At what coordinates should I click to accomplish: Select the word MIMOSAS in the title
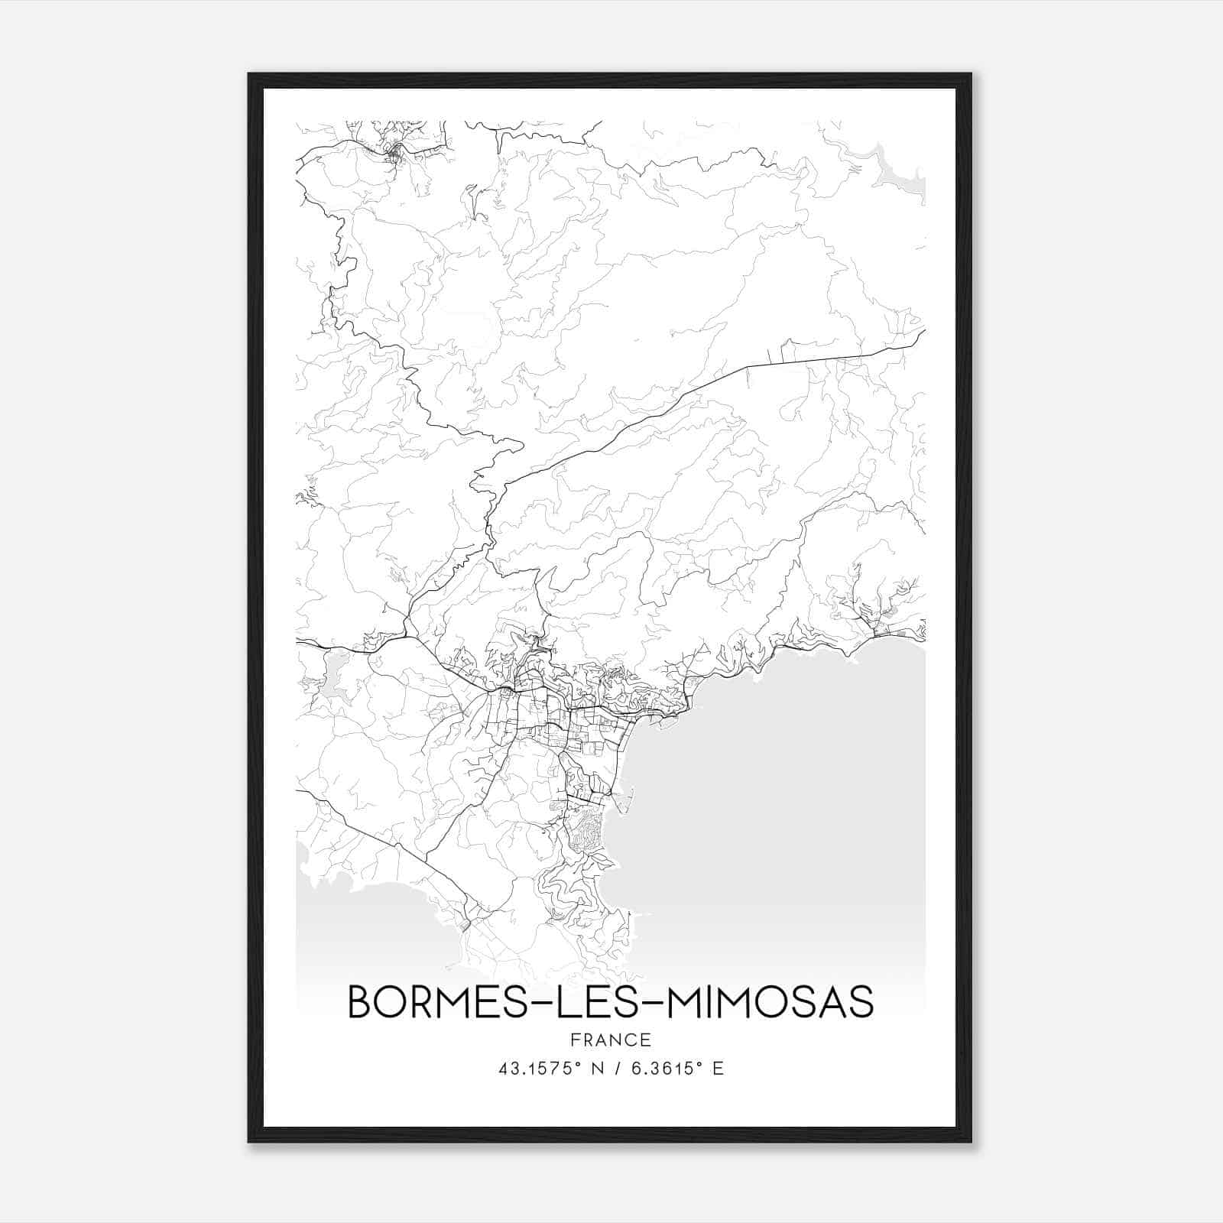tap(770, 1002)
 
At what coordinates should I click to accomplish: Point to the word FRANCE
tap(610, 1040)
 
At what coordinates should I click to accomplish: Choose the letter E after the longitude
tap(717, 1069)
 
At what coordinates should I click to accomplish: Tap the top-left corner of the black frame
tap(250, 75)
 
